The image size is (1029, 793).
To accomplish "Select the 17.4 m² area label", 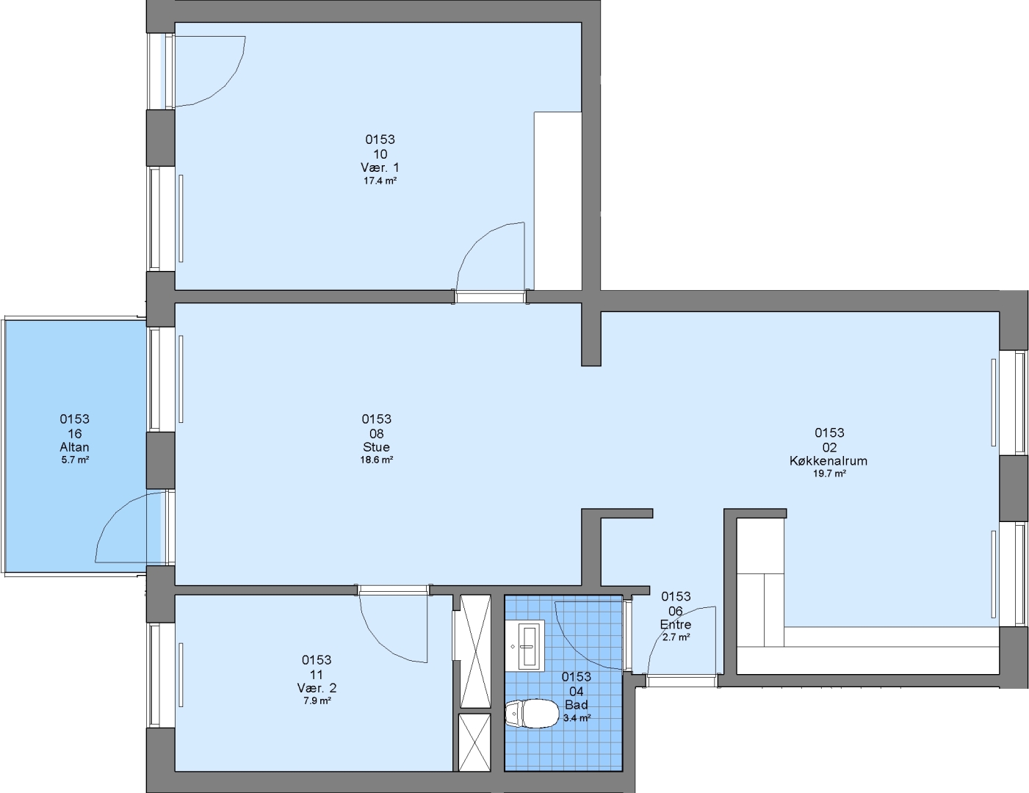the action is pos(380,181).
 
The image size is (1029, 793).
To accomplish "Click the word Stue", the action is pos(377,447).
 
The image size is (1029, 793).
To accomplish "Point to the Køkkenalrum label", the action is pos(828,460).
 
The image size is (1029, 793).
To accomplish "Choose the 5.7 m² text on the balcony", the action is pos(75,460).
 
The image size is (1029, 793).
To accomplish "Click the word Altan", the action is pos(74,447).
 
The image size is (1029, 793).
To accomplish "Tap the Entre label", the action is pos(676,624).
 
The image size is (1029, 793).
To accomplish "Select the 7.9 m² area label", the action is pos(317,700).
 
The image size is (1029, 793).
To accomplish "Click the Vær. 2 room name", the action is pos(317,688).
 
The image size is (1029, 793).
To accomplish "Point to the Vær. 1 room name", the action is pos(380,167).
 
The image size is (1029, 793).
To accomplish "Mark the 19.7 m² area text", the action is pos(829,474).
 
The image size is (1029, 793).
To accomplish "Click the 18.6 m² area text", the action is pos(377,460).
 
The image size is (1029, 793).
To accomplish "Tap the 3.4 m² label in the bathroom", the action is pos(577,718).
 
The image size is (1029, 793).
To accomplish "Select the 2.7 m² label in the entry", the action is pos(676,637).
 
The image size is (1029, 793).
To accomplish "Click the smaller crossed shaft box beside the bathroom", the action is pos(474,742).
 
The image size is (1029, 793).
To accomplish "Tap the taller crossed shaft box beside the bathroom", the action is pos(475,652).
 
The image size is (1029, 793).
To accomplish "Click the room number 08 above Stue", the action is pos(377,434).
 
